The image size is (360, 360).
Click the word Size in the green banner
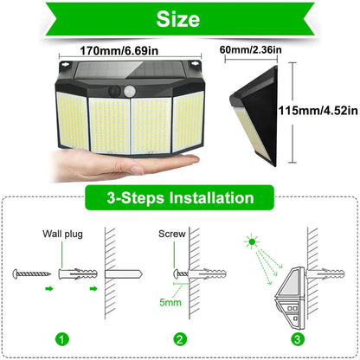(x=179, y=18)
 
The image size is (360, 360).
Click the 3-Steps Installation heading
(x=179, y=198)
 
